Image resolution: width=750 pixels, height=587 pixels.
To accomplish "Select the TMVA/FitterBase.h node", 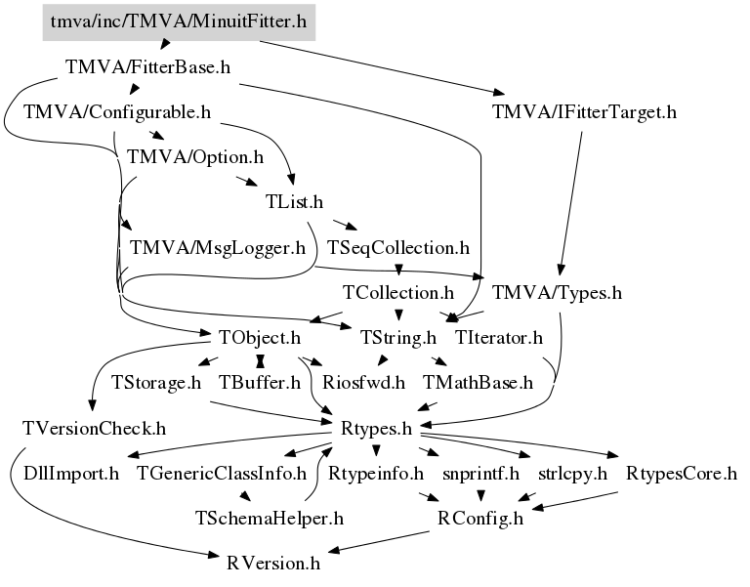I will (x=146, y=68).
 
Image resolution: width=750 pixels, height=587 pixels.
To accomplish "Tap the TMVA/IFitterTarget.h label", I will (x=585, y=111).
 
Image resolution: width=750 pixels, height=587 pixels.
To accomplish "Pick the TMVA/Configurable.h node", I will (x=117, y=111).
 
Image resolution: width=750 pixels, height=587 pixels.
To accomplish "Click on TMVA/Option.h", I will (x=195, y=156).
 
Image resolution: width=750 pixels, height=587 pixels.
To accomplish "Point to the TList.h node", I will (x=294, y=201).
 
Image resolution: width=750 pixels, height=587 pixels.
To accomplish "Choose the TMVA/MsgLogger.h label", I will (x=218, y=247).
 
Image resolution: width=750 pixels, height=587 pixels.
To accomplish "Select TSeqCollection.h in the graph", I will (x=398, y=247).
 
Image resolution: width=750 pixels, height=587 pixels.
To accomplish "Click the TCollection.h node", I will (x=398, y=292).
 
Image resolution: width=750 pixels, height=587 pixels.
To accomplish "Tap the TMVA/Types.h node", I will (x=558, y=292).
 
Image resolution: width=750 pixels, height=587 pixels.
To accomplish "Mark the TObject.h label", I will (x=259, y=338).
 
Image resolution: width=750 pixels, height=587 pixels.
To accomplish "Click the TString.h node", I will (x=397, y=338).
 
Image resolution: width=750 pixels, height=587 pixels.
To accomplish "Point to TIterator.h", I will (x=499, y=338).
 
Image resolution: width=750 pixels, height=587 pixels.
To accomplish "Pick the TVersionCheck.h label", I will (x=94, y=428).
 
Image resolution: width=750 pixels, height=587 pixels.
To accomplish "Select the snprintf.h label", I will (x=479, y=474).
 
